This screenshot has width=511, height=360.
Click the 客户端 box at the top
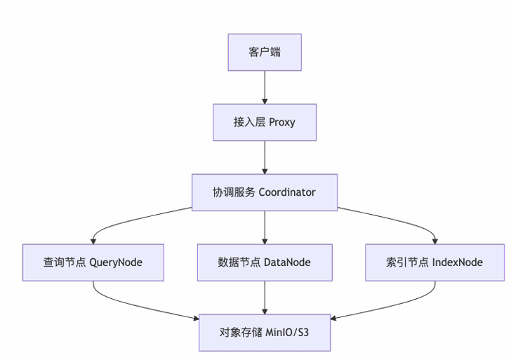[x=265, y=52]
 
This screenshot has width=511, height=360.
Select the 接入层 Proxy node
[x=265, y=122]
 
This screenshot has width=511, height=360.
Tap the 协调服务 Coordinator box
[x=265, y=192]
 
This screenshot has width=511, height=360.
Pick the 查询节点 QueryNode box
[x=93, y=262]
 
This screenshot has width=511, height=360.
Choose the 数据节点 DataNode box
[x=265, y=262]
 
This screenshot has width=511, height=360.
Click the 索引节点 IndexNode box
[x=434, y=262]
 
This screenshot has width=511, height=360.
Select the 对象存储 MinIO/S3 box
[x=265, y=333]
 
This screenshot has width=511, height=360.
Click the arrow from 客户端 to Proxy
[x=265, y=87]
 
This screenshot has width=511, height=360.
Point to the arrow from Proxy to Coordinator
[x=265, y=157]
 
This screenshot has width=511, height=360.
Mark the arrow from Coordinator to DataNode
[x=265, y=227]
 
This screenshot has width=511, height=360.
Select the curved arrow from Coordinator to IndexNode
[x=404, y=220]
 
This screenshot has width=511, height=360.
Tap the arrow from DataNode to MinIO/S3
[x=265, y=297]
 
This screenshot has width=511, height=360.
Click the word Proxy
[x=282, y=122]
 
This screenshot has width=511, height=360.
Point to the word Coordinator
[x=287, y=192]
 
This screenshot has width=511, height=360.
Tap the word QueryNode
[x=116, y=262]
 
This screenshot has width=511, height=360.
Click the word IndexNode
[x=457, y=262]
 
